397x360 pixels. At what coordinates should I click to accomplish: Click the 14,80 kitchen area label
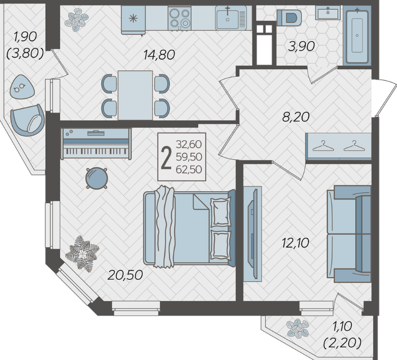[159, 54]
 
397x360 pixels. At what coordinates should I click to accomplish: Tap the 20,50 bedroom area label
[125, 275]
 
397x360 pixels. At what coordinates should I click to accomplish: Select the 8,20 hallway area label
[296, 117]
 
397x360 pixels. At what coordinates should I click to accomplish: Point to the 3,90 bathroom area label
[301, 46]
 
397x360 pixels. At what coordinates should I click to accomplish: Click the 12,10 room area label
[295, 243]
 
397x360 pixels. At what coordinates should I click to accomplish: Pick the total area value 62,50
[189, 169]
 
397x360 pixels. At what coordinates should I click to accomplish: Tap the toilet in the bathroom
[289, 18]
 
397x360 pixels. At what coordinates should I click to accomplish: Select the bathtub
[357, 35]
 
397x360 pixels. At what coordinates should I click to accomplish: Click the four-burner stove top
[180, 18]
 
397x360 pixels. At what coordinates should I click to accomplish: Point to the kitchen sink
[231, 18]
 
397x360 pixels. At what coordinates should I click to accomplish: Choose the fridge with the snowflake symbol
[133, 20]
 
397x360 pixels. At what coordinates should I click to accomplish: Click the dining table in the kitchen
[135, 95]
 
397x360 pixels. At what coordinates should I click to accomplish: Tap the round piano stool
[96, 178]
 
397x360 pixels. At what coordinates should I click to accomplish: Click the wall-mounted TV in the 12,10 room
[253, 234]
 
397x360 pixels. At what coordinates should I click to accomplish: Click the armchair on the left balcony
[27, 120]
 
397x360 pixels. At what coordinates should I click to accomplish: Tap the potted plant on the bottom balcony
[298, 328]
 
